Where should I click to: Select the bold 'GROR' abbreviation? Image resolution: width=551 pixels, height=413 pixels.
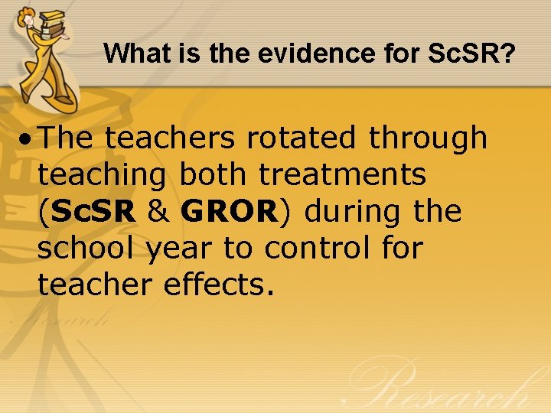tap(229, 211)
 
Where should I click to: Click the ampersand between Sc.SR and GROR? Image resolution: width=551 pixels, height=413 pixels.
tap(158, 211)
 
